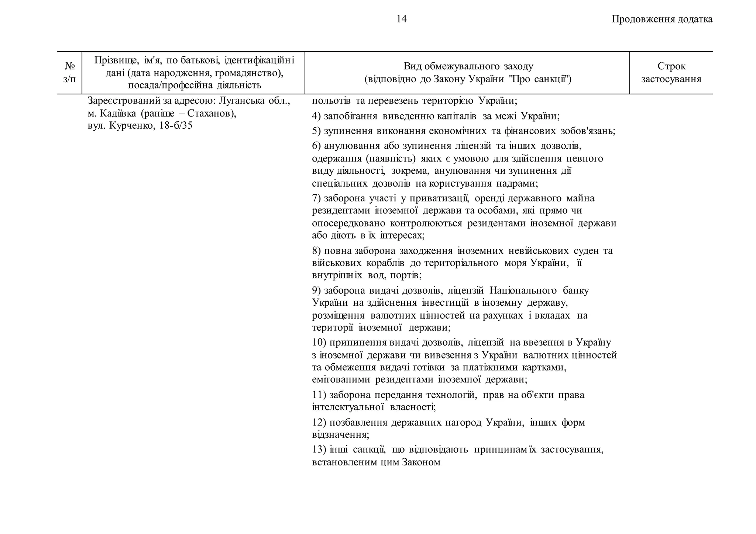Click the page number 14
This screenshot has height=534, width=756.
[401, 19]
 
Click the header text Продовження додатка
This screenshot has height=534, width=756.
[662, 19]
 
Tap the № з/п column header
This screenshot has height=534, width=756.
[69, 73]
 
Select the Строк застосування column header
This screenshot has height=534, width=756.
[671, 73]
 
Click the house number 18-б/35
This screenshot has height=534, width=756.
[176, 126]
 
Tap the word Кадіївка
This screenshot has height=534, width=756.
[118, 113]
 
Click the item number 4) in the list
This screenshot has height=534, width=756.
[316, 116]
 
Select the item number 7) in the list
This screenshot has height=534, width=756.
[316, 198]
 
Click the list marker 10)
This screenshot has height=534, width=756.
[319, 342]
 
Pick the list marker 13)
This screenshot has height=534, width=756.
[319, 450]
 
